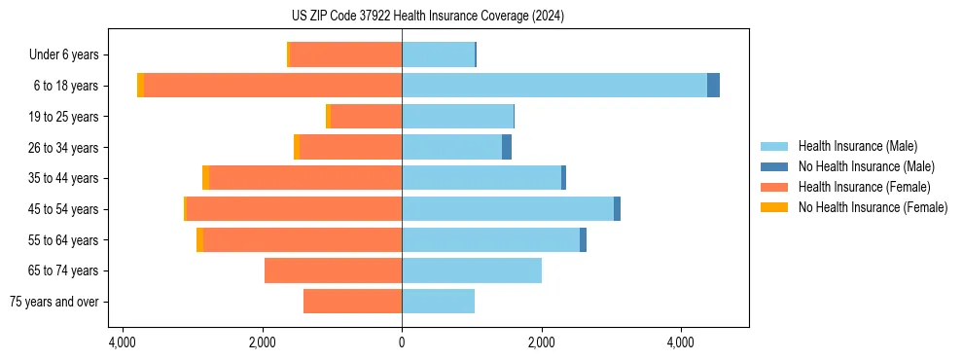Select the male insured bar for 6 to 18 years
point(554,86)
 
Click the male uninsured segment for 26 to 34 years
point(507,147)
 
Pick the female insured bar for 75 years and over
point(352,302)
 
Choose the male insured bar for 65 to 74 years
point(472,270)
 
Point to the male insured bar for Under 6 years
point(438,54)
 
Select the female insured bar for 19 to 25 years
point(366,117)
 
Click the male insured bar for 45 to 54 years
point(508,209)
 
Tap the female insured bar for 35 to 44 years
point(305,178)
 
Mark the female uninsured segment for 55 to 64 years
point(199,240)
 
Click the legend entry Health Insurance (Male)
point(856,146)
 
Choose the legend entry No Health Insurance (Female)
point(873,207)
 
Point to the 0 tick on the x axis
point(402,342)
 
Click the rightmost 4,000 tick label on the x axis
point(680,342)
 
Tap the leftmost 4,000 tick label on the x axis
point(124,342)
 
